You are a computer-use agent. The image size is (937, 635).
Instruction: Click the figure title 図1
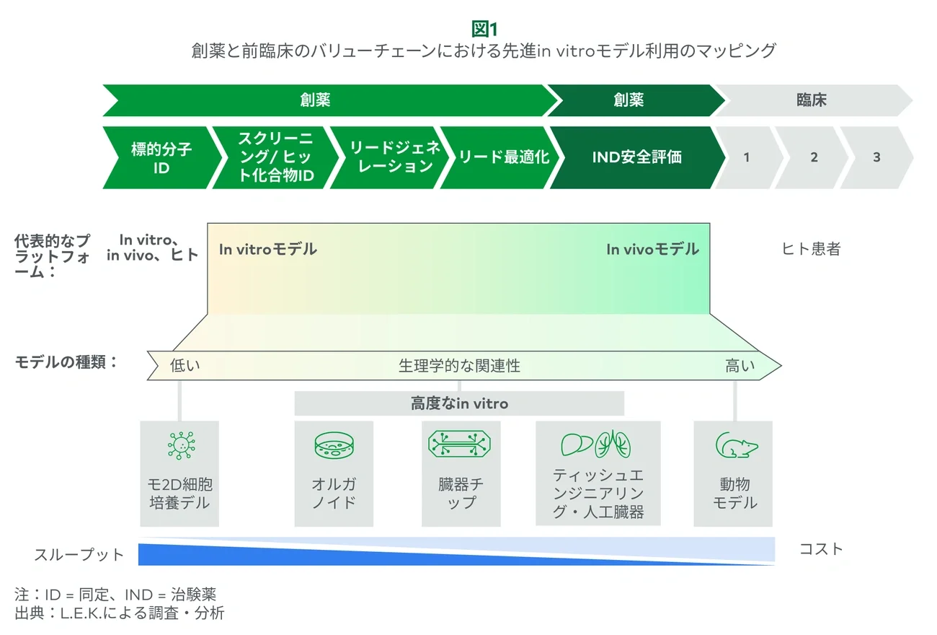coord(484,29)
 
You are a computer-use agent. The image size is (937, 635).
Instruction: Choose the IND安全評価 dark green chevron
coord(636,157)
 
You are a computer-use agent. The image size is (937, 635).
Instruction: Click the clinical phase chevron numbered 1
coord(747,157)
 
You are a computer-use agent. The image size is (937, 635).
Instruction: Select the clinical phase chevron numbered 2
coord(814,157)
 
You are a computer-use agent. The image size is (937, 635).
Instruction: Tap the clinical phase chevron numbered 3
coord(876,157)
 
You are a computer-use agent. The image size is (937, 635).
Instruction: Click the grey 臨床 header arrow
coord(812,100)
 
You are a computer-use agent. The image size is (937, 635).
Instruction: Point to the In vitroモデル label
coord(267,250)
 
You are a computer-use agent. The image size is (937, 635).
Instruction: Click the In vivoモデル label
coord(652,250)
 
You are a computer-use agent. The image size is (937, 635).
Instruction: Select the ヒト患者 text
coord(811,250)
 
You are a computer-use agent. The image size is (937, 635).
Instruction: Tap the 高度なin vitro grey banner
coord(459,403)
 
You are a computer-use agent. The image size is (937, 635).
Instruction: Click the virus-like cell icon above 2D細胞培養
coord(179,445)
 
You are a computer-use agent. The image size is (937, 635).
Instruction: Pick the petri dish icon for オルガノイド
coord(334,445)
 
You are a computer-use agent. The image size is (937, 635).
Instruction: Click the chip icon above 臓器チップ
coord(460,444)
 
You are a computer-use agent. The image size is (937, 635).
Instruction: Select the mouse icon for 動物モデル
coord(734,445)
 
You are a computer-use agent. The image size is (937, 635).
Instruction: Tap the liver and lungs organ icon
coord(596,444)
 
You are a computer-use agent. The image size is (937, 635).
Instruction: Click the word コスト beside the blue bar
coord(821,549)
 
